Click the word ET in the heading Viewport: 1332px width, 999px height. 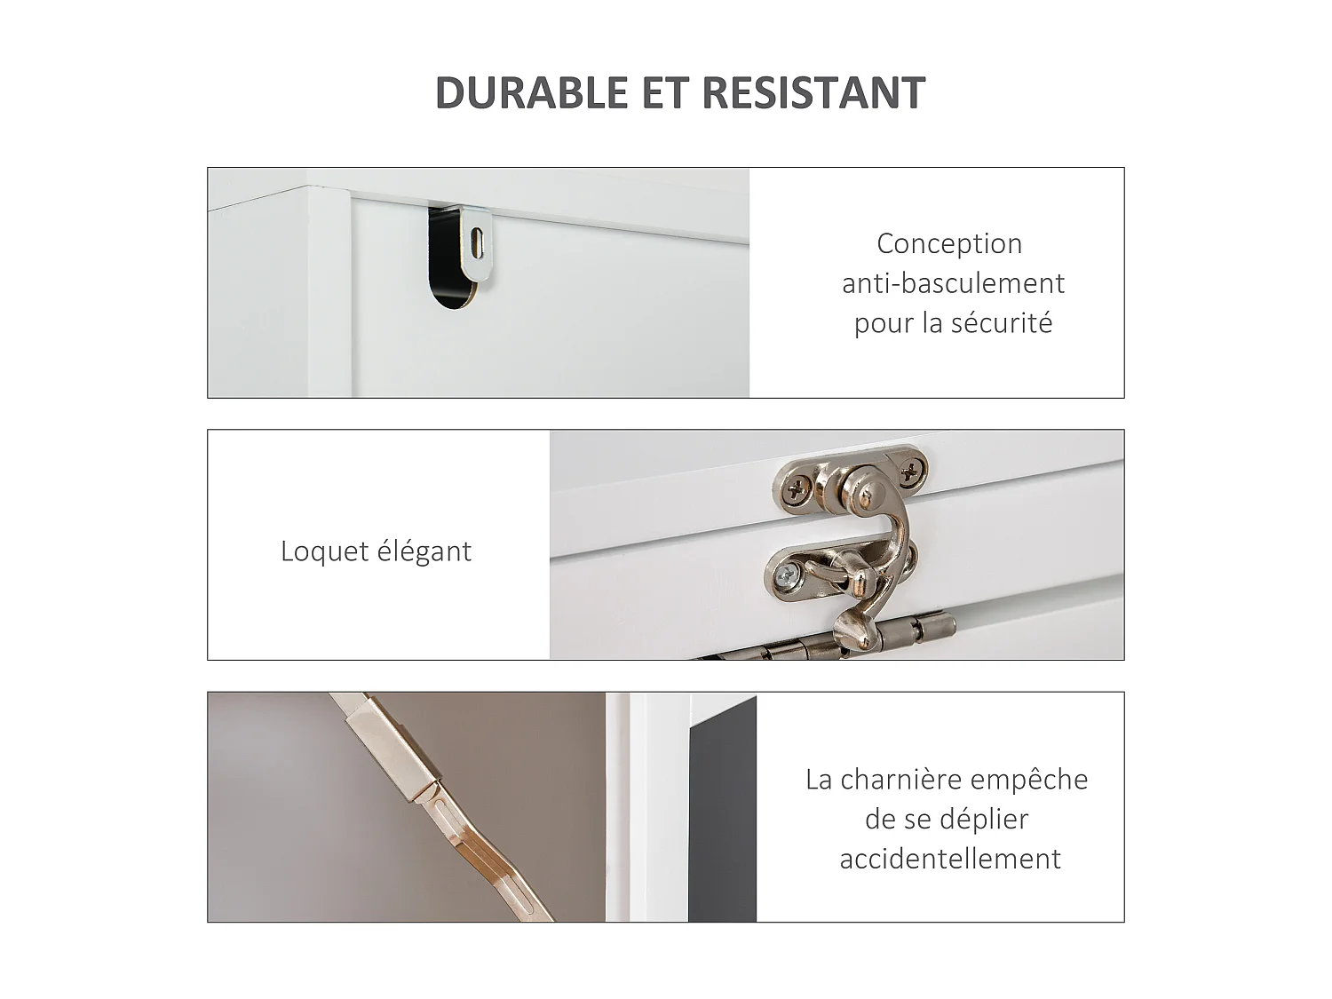click(x=665, y=93)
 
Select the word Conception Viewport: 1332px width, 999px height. click(x=949, y=243)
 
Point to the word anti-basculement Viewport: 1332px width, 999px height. click(x=953, y=283)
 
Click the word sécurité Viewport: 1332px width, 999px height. click(x=1002, y=323)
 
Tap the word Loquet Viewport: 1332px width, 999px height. click(x=324, y=551)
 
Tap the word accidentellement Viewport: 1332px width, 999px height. click(x=950, y=859)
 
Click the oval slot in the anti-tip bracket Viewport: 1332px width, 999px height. click(x=477, y=242)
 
